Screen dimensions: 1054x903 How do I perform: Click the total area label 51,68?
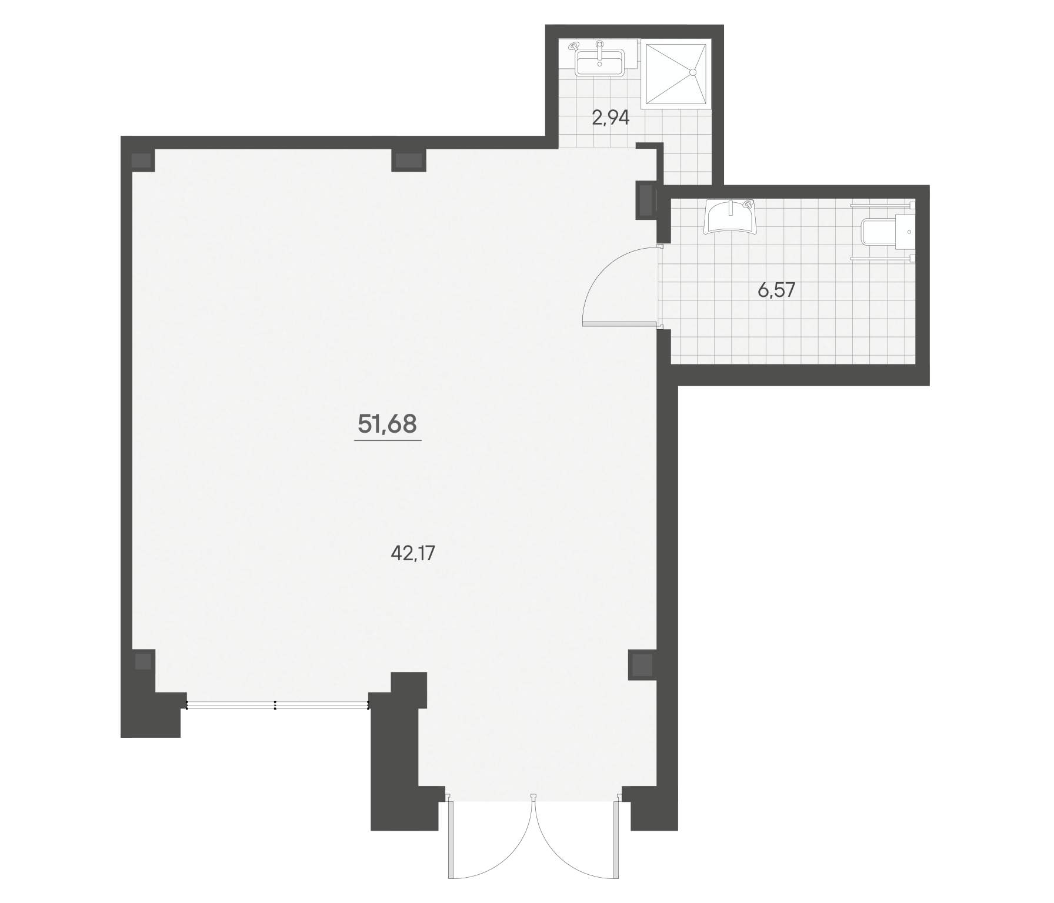(x=387, y=423)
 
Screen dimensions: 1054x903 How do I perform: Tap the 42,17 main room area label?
(x=412, y=553)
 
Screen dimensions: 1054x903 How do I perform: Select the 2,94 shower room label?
(x=611, y=118)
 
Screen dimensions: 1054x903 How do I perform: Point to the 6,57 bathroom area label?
(x=776, y=290)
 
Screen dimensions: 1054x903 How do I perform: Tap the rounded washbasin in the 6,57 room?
(x=731, y=216)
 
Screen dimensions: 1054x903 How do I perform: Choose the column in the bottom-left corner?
(x=143, y=661)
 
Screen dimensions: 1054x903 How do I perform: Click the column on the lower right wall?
(x=642, y=664)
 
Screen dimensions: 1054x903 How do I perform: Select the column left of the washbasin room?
(x=646, y=200)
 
